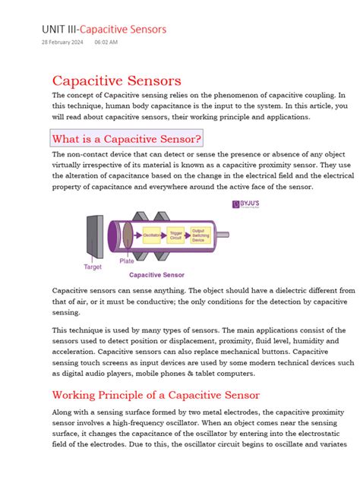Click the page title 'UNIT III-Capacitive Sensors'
104,30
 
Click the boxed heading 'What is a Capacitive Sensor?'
126,138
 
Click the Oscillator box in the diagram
152,235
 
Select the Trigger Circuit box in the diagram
176,235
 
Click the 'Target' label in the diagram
93,267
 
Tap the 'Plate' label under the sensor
127,261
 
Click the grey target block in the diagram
95,235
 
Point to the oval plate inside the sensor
128,235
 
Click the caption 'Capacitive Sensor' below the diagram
156,275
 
